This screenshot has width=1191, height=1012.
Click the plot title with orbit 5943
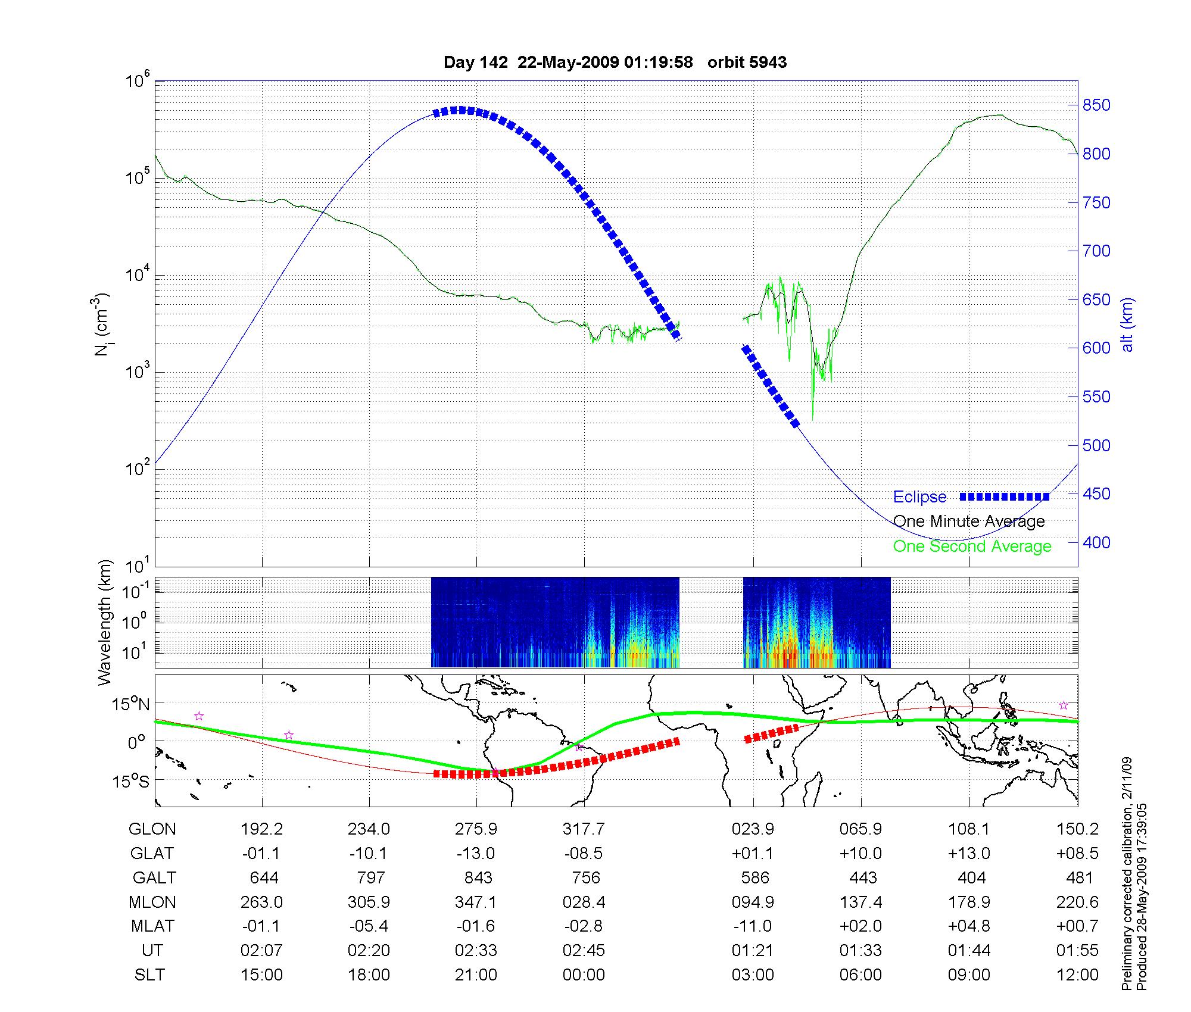(x=615, y=63)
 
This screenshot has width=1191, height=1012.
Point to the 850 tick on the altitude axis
(x=1096, y=105)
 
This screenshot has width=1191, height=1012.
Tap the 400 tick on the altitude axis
(x=1096, y=542)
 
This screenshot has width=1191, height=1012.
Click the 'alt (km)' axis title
(x=1127, y=324)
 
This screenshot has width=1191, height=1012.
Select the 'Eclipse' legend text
(x=919, y=497)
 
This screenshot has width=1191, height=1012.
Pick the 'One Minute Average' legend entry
(x=969, y=521)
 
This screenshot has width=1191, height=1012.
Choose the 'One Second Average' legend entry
(x=972, y=546)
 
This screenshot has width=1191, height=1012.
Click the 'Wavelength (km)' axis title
(x=105, y=623)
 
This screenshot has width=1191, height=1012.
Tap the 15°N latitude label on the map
(x=131, y=704)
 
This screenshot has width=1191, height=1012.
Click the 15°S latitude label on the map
(x=131, y=780)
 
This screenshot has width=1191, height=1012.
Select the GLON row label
(x=152, y=829)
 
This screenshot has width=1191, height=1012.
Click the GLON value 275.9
(x=476, y=829)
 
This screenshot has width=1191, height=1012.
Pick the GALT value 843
(x=478, y=878)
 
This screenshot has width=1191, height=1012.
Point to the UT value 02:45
(x=584, y=951)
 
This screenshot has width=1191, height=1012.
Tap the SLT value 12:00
(x=1077, y=975)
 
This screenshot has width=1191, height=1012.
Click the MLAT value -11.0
(x=753, y=926)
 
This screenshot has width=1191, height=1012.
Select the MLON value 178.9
(x=969, y=902)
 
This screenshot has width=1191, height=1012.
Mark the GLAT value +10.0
(x=860, y=854)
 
